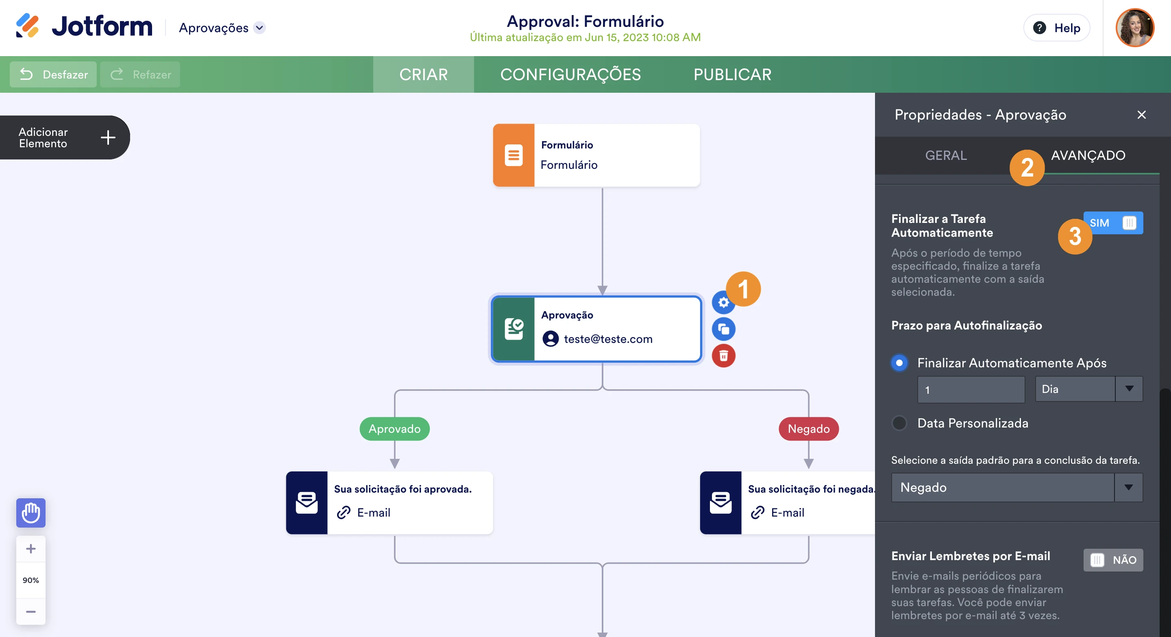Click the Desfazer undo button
53,74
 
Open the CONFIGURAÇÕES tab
570,74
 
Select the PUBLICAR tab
732,74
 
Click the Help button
1056,28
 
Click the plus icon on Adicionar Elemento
108,137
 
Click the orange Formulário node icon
513,155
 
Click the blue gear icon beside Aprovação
723,303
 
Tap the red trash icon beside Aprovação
723,356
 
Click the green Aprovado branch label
394,429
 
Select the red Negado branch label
808,429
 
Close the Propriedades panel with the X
1141,115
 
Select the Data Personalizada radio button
899,423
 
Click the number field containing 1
971,390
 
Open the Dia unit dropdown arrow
1129,389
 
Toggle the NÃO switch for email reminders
1112,560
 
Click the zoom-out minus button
31,611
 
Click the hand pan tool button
31,513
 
